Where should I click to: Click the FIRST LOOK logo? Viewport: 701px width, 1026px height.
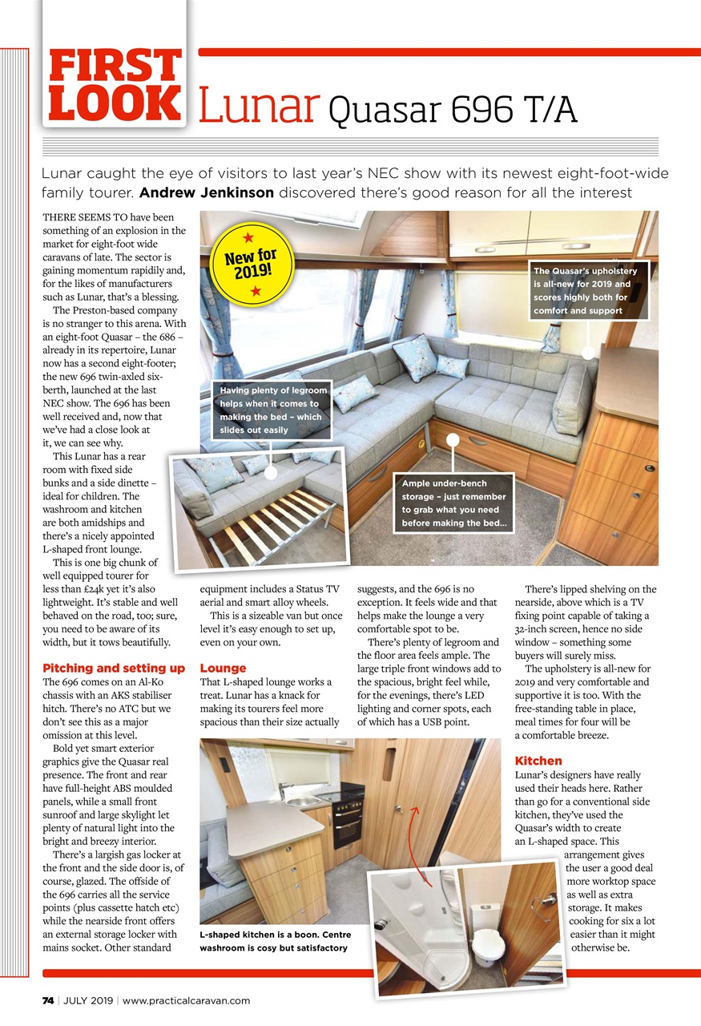click(x=115, y=85)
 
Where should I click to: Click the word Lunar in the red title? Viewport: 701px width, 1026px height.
click(x=259, y=107)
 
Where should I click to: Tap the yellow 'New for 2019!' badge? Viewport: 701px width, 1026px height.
click(x=249, y=264)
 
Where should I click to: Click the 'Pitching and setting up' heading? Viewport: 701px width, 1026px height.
click(x=113, y=668)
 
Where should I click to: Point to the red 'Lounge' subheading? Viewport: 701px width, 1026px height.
click(x=223, y=668)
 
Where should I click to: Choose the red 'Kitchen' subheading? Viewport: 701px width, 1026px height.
click(x=538, y=760)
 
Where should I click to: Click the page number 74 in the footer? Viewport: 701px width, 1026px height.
click(x=49, y=1000)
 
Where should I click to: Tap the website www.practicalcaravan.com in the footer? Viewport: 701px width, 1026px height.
click(x=187, y=1000)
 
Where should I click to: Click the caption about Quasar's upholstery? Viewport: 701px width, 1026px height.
click(x=588, y=290)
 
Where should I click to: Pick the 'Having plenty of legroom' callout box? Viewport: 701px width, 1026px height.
click(x=272, y=410)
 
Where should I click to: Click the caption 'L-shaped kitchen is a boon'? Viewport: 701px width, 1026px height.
click(x=275, y=941)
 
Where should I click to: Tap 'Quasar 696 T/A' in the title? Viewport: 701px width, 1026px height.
click(x=453, y=109)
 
